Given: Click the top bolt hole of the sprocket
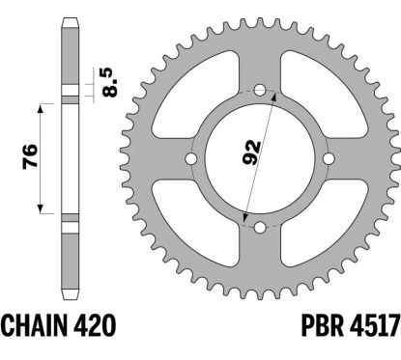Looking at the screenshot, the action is [260, 90].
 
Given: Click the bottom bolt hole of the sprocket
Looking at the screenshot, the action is [260, 228].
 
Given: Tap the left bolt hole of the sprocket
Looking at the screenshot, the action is [191, 158].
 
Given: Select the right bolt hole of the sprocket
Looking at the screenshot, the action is [329, 158].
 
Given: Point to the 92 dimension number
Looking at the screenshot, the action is [251, 152].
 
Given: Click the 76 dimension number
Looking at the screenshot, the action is [30, 156].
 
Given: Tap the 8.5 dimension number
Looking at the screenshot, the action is [109, 82].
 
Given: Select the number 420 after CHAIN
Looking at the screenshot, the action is [95, 325].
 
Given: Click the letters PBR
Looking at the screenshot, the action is [323, 325].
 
